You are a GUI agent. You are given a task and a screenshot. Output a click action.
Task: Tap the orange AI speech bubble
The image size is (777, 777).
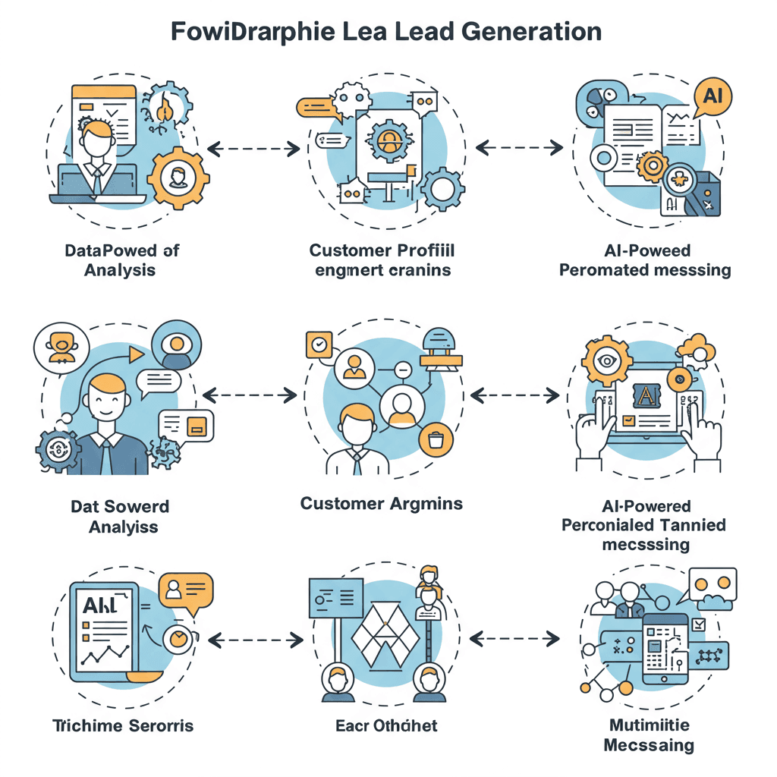tap(713, 96)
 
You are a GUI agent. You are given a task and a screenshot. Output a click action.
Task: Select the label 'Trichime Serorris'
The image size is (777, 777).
tap(124, 726)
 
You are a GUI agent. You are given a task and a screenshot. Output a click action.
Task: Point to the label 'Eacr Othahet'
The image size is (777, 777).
tap(386, 726)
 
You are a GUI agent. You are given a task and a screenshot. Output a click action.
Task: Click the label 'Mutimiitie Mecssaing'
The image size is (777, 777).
tap(649, 735)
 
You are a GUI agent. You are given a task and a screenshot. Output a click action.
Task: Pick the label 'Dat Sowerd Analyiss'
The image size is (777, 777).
tap(120, 516)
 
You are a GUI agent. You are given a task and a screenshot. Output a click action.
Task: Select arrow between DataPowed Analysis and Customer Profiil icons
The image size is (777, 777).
tap(253, 149)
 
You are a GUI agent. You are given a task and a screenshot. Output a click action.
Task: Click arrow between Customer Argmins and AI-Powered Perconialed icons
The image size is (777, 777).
tap(515, 395)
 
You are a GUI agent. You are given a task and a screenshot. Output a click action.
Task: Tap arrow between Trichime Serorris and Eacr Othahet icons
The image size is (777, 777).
tap(253, 641)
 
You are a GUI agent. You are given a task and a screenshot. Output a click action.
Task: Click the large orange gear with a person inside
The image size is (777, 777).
tap(178, 179)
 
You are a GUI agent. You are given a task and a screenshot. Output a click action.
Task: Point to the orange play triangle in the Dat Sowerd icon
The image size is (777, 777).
tap(136, 354)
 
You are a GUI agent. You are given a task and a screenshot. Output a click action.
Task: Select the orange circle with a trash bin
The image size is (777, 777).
tap(435, 439)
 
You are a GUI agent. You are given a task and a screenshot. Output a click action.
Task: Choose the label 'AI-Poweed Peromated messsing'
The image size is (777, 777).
tap(645, 260)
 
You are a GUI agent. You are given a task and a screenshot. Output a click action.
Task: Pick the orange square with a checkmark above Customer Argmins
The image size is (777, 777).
tap(319, 344)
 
